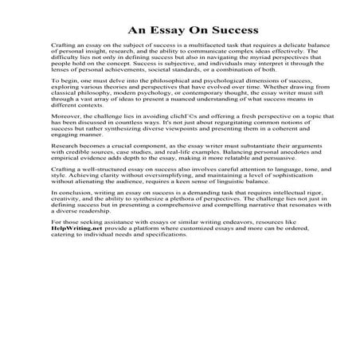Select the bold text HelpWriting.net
[x=72, y=315]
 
